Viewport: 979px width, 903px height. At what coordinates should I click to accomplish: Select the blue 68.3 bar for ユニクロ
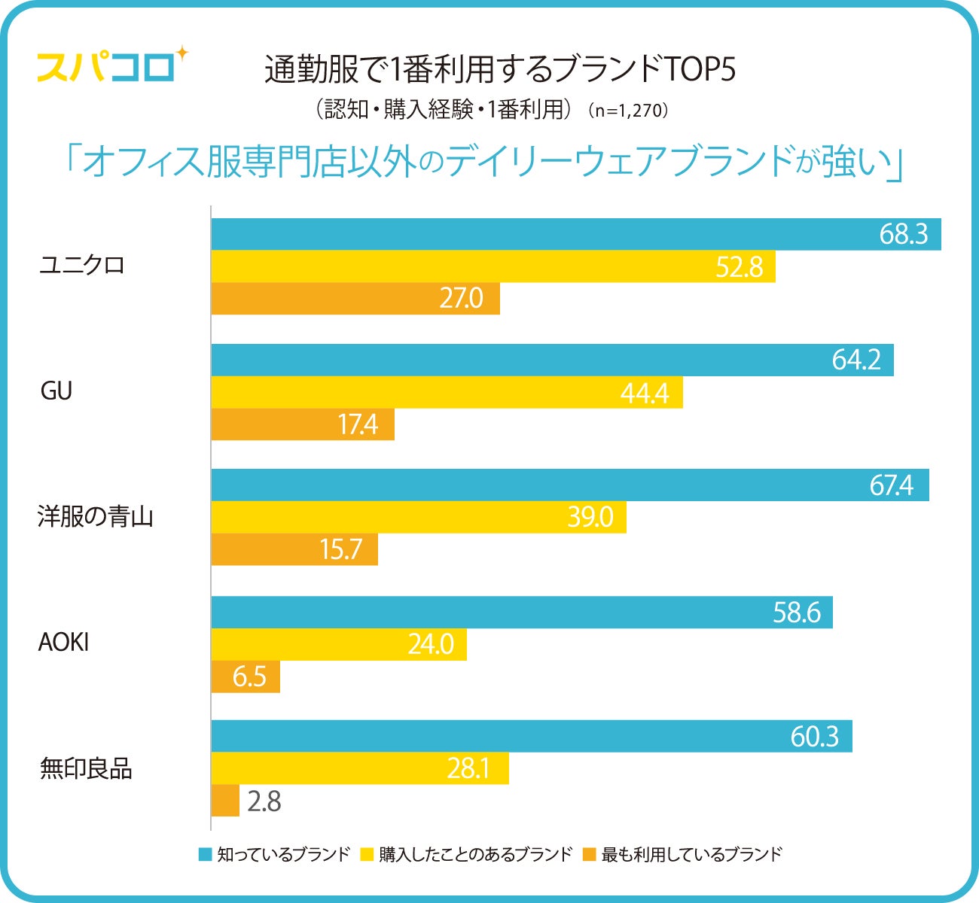point(576,234)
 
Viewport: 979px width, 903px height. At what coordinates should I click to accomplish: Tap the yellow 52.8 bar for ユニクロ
point(493,266)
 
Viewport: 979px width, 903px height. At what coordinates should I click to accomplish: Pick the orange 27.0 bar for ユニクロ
point(355,299)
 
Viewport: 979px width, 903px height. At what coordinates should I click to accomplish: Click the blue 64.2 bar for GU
point(552,360)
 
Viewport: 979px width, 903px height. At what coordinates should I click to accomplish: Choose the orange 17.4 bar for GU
point(303,424)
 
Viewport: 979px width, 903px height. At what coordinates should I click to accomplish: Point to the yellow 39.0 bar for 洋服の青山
point(419,517)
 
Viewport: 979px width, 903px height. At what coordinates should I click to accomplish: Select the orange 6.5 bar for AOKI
point(246,676)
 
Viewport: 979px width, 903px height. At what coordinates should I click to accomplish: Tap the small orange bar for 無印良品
point(225,801)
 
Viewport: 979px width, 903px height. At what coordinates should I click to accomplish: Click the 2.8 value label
point(264,801)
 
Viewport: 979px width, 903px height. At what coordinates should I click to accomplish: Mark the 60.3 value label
point(814,736)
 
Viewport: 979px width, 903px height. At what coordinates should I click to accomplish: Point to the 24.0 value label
point(431,644)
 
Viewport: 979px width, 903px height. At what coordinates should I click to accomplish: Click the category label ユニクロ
point(82,266)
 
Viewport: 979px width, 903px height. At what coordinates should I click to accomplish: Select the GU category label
point(56,391)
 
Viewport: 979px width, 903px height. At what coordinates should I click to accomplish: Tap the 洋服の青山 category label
point(96,517)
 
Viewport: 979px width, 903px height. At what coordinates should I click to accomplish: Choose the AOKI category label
point(64,643)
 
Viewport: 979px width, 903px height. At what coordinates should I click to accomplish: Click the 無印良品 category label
point(86,768)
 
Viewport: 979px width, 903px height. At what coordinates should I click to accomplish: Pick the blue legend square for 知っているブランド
point(205,854)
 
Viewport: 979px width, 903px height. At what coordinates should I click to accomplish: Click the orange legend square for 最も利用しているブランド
point(590,854)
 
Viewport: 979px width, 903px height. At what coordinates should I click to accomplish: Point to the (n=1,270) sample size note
point(629,111)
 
